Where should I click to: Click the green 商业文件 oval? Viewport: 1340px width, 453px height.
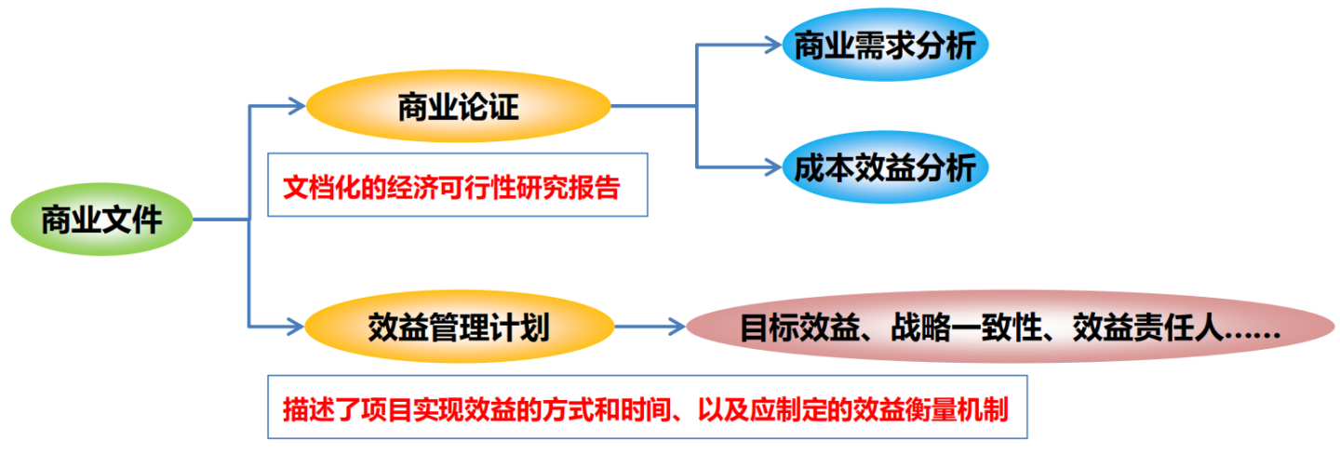pyautogui.click(x=101, y=221)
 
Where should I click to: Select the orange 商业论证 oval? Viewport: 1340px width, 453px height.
pyautogui.click(x=458, y=108)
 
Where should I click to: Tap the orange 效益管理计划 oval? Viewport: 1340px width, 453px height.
pyautogui.click(x=459, y=326)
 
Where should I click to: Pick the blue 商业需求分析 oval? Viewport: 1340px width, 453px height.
pyautogui.click(x=884, y=46)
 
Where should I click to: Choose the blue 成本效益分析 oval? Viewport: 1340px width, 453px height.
pyautogui.click(x=884, y=168)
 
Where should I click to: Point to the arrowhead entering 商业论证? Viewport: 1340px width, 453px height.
pyautogui.click(x=297, y=107)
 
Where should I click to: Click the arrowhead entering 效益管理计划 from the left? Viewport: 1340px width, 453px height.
pyautogui.click(x=297, y=326)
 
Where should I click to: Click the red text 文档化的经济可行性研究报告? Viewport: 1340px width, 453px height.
pyautogui.click(x=451, y=188)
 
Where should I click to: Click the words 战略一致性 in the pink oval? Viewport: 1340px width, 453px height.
pyautogui.click(x=967, y=328)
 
